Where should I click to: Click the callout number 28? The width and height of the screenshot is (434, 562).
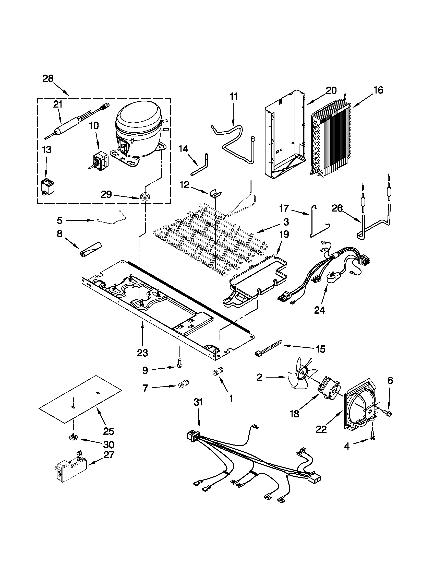coord(48,78)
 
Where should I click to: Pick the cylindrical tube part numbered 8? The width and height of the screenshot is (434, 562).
coord(90,249)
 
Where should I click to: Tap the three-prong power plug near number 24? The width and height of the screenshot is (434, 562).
coord(333,278)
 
